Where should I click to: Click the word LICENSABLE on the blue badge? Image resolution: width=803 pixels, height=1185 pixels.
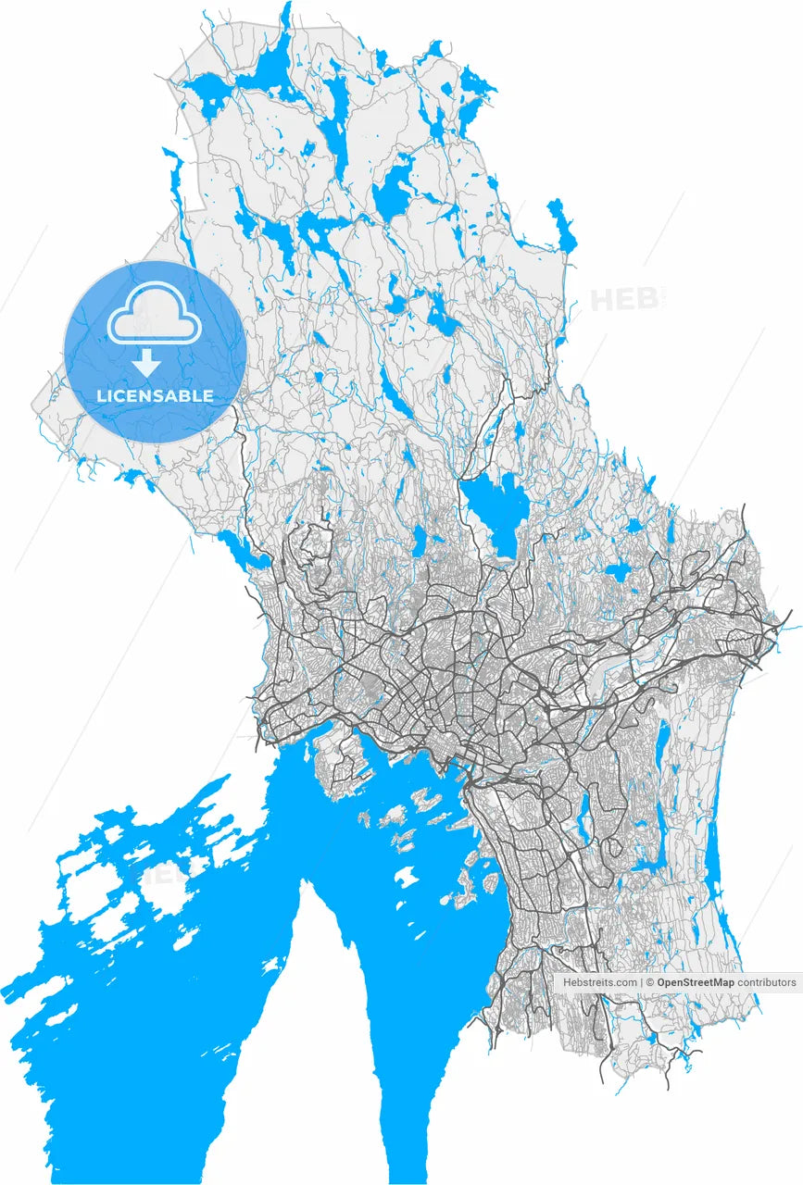point(156,396)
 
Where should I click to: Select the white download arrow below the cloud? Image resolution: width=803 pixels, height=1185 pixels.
point(145,362)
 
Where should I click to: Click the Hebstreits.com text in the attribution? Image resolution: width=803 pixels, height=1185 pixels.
point(599,982)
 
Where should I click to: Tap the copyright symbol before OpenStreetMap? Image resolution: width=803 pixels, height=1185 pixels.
point(650,982)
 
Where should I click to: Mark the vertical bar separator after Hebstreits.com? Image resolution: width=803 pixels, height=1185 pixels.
point(641,982)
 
